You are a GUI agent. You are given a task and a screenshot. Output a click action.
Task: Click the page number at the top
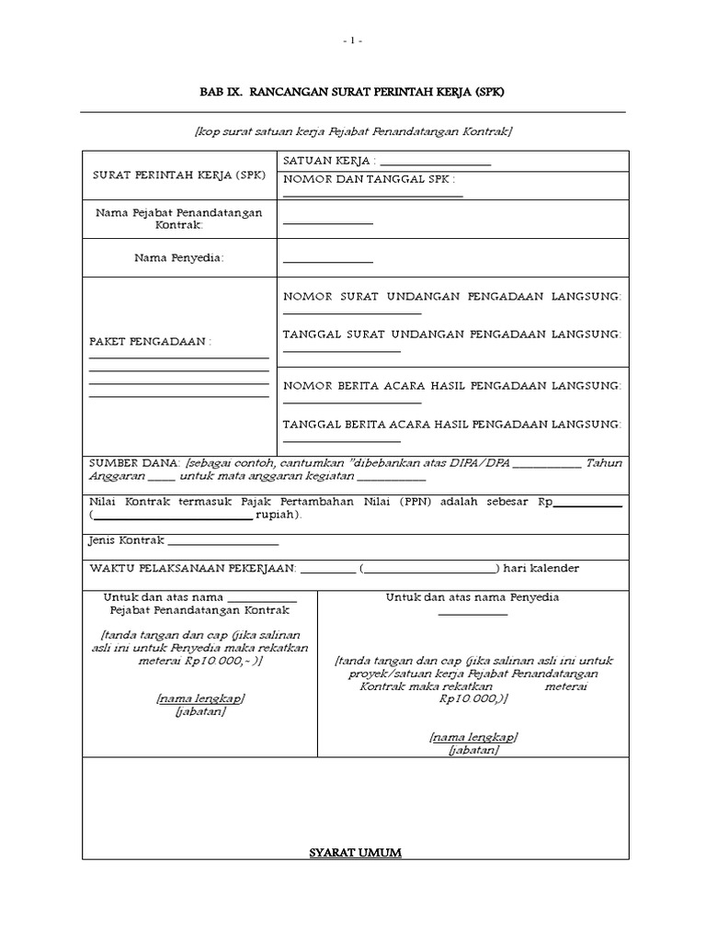(x=353, y=41)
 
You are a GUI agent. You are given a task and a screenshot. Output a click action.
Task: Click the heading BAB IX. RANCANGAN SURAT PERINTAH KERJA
(x=353, y=93)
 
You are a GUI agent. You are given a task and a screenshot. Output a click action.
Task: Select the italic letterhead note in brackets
(x=353, y=131)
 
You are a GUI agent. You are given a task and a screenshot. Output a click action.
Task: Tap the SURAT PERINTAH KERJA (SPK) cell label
(x=179, y=175)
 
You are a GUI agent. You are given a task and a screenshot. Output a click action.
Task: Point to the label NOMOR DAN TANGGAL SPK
(x=370, y=179)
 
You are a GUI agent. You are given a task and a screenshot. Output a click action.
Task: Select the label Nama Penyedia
(x=179, y=258)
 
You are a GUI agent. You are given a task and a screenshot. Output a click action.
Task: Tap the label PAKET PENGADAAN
(x=150, y=341)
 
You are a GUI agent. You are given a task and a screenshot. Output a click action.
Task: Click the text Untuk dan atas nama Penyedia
(x=473, y=597)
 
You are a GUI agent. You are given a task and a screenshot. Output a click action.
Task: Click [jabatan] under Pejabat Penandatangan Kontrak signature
(x=200, y=711)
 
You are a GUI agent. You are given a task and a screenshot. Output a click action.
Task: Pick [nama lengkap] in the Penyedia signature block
(x=473, y=737)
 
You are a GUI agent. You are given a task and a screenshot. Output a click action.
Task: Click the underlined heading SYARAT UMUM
(x=355, y=853)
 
